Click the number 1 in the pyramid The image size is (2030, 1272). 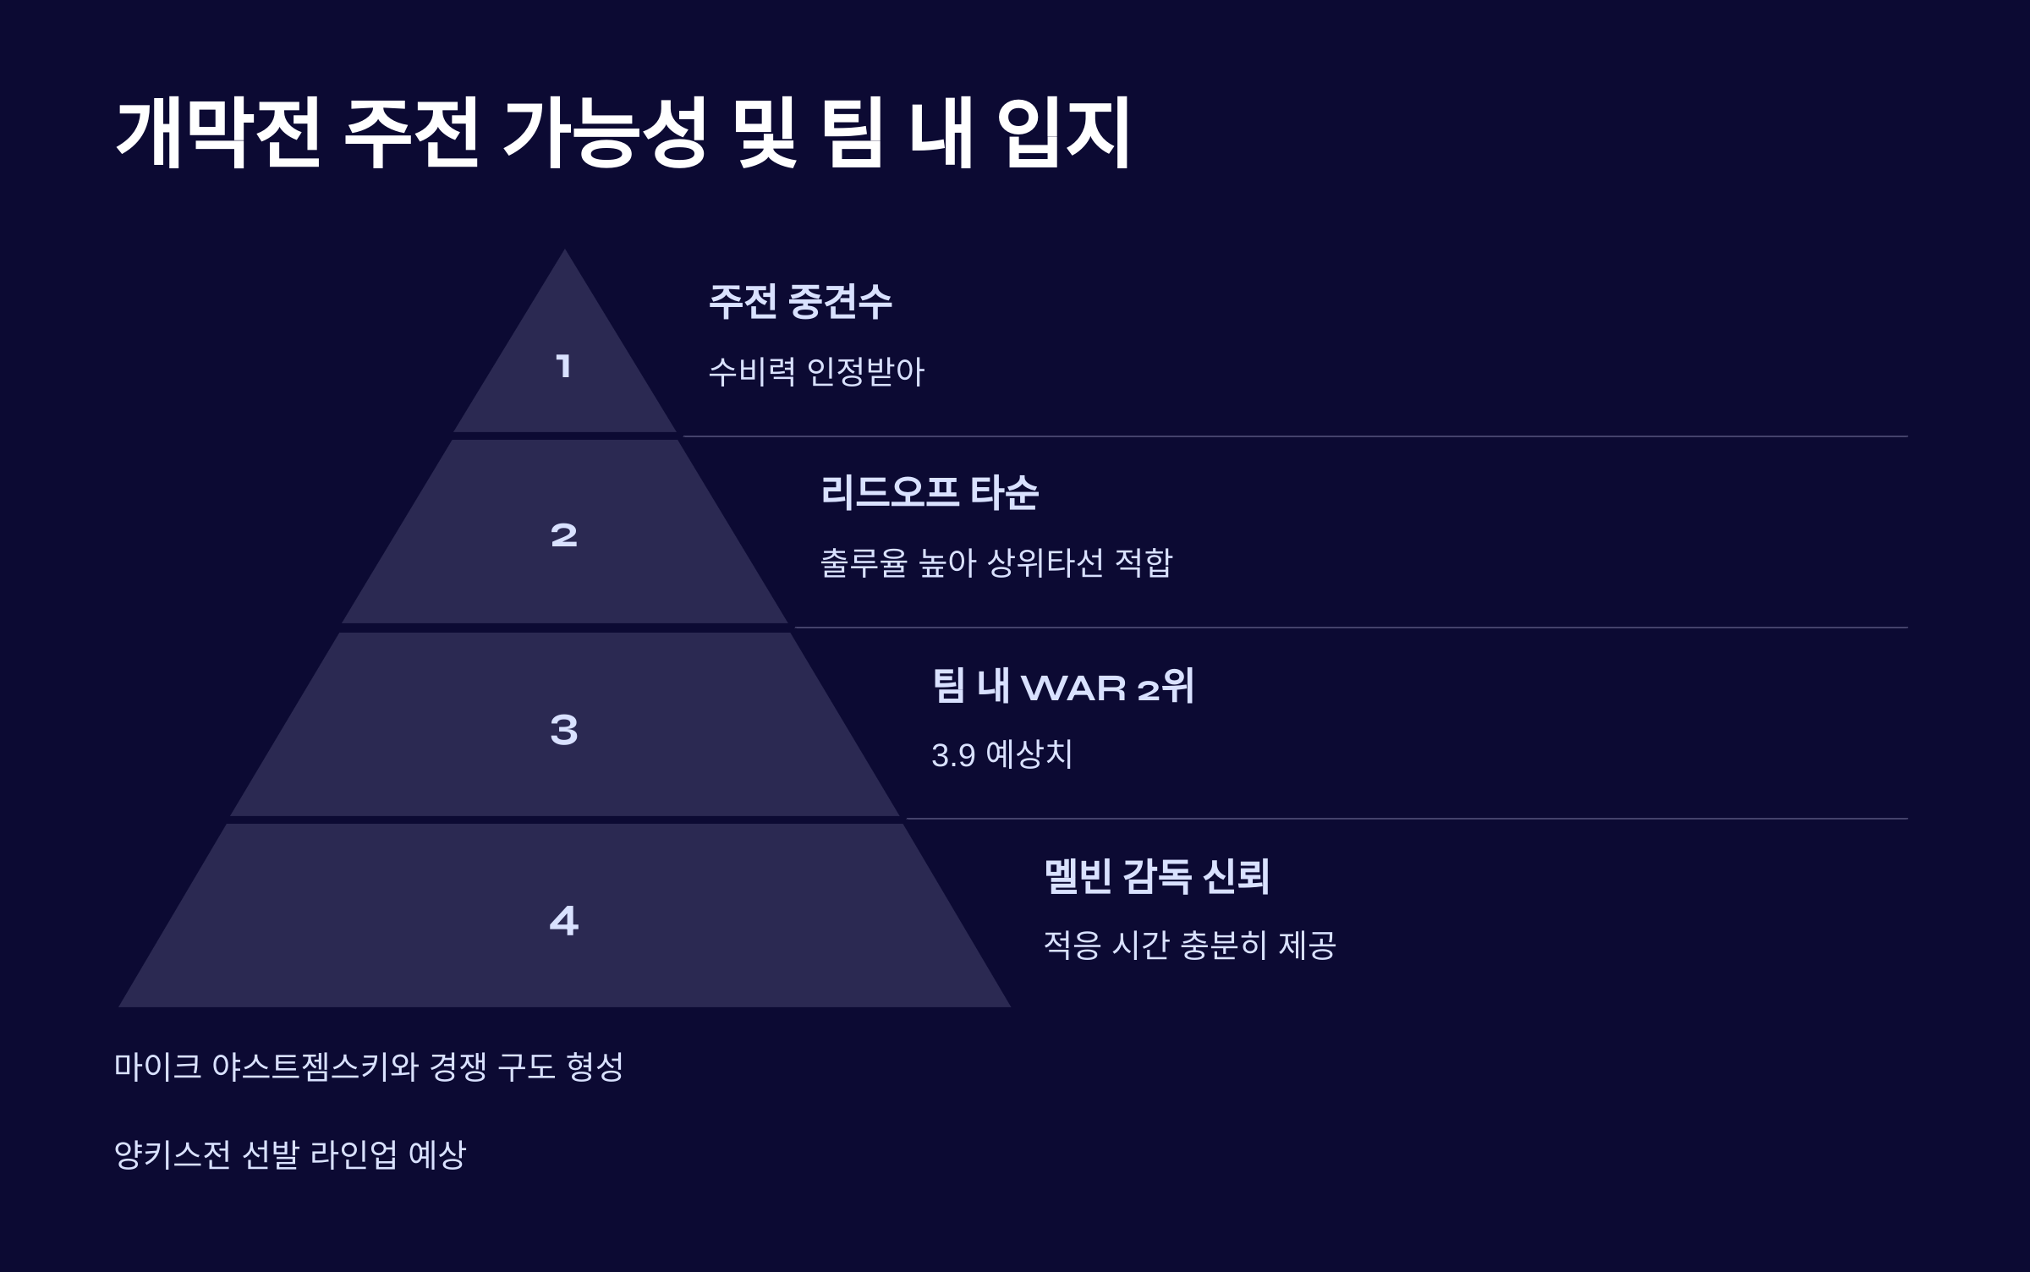point(563,366)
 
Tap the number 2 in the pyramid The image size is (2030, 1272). point(563,535)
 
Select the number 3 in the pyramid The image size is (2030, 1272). point(563,729)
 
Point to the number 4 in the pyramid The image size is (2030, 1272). point(563,920)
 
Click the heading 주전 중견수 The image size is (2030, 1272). point(800,301)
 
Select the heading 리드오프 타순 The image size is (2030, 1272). point(930,492)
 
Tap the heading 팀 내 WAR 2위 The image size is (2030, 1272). point(1063,686)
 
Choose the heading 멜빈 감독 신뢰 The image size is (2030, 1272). point(1156,876)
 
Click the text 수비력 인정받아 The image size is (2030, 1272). point(816,371)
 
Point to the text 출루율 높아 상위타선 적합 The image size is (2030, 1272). point(996,562)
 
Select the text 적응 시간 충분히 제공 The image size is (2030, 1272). point(1189,945)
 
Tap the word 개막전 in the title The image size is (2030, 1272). point(218,134)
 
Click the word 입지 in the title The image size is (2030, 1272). point(1063,134)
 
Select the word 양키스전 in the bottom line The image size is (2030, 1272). point(172,1154)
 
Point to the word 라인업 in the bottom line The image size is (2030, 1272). point(354,1154)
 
